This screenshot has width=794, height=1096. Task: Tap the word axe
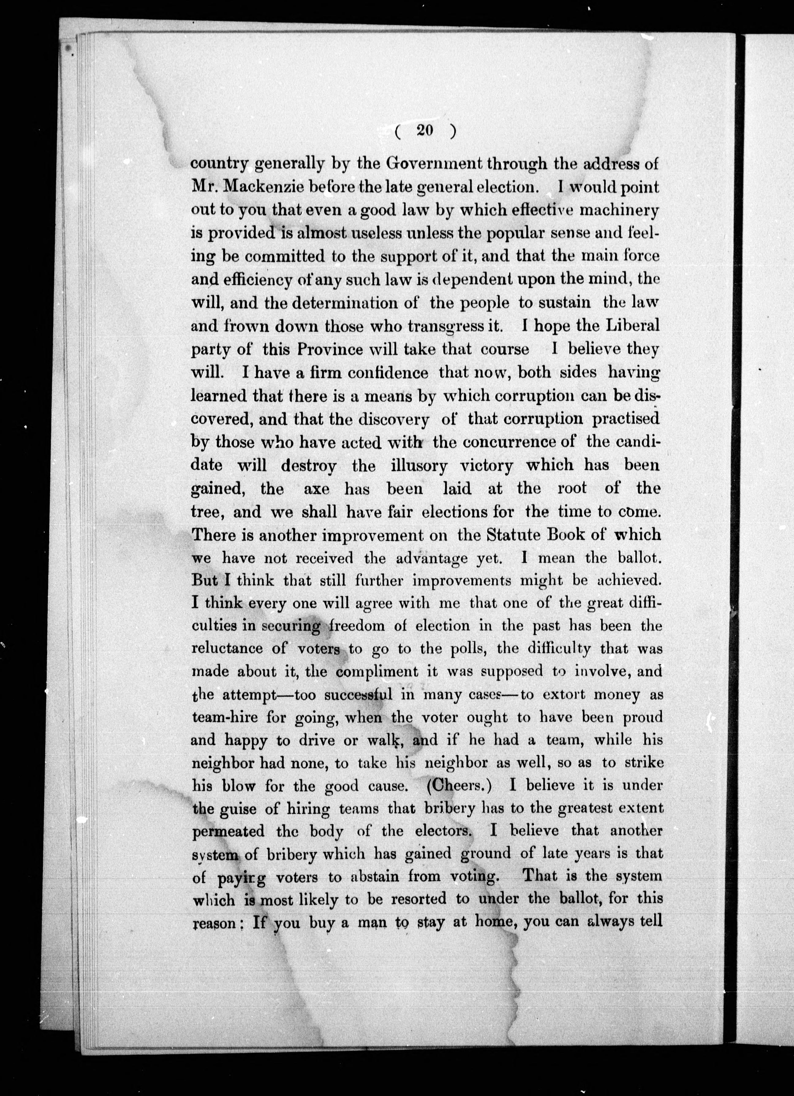(316, 489)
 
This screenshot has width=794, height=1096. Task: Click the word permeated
(228, 831)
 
